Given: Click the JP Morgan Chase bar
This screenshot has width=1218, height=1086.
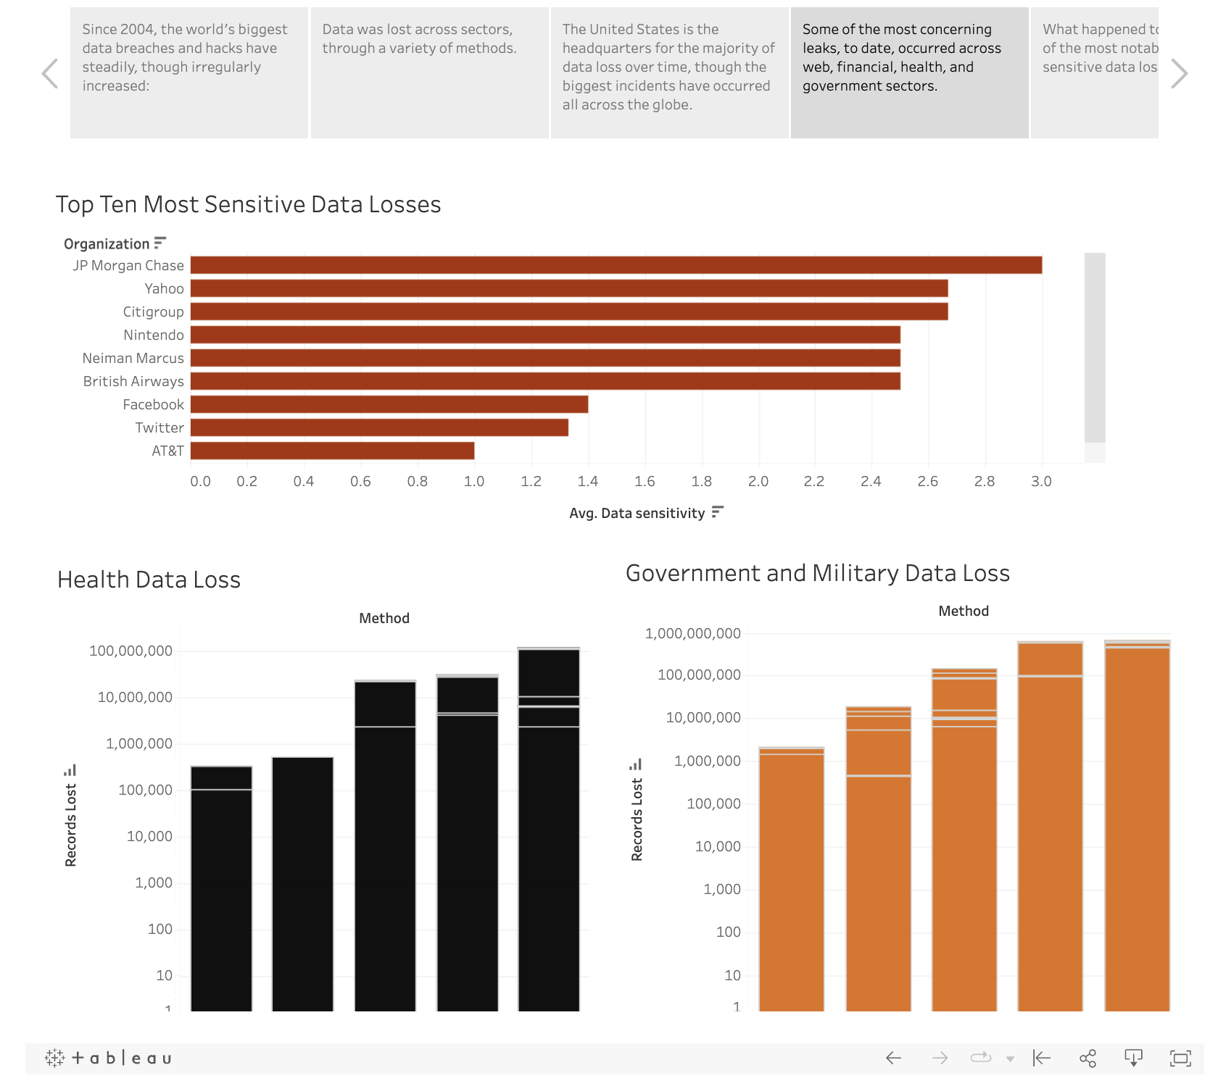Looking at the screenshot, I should point(616,265).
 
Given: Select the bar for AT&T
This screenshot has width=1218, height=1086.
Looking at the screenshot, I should point(332,451).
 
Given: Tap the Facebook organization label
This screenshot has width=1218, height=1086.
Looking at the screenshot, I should point(153,404).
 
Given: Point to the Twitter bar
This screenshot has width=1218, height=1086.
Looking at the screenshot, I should point(379,427).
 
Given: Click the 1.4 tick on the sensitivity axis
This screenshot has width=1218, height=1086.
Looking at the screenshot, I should point(588,481).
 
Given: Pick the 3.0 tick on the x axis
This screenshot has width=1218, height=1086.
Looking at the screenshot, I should point(1041,481).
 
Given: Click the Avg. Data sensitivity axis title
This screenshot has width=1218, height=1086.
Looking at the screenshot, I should point(637,513).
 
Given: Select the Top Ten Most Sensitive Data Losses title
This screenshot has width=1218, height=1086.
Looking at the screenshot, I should point(248,204).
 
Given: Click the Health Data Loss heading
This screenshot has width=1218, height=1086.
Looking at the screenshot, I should point(149,580).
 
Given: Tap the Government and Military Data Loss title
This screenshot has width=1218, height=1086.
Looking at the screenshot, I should point(817,573).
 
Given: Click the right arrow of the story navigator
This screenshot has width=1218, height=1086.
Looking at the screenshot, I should point(1180,73).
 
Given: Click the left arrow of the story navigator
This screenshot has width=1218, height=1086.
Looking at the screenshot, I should point(49,73).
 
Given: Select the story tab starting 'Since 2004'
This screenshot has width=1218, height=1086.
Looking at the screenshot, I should point(188,72).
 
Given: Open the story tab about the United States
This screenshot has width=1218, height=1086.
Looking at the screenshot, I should point(669,72).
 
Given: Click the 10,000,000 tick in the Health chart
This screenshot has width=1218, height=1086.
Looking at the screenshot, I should point(135,697).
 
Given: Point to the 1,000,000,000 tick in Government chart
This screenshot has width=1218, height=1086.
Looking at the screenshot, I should point(692,633).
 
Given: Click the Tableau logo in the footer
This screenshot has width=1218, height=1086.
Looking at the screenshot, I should point(109,1058).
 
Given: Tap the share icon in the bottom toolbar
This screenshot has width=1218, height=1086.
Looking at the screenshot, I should point(1087,1058).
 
